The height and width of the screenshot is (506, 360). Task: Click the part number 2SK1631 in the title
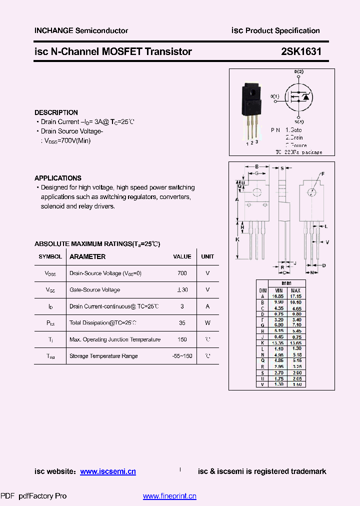pyautogui.click(x=297, y=51)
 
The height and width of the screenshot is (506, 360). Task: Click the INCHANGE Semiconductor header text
pyautogui.click(x=81, y=30)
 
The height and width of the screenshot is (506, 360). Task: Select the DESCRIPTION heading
pyautogui.click(x=56, y=112)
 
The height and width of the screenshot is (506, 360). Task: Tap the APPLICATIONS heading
pyautogui.click(x=57, y=178)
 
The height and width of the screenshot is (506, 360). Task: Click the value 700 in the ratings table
pyautogui.click(x=182, y=273)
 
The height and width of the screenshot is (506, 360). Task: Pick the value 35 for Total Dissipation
pyautogui.click(x=182, y=323)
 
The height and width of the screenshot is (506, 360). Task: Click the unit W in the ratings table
pyautogui.click(x=207, y=323)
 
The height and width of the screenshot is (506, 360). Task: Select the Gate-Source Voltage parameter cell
pyautogui.click(x=94, y=290)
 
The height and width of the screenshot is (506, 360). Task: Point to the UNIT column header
pyautogui.click(x=207, y=256)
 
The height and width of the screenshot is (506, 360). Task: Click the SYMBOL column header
pyautogui.click(x=50, y=256)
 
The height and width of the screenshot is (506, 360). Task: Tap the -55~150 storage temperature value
pyautogui.click(x=182, y=356)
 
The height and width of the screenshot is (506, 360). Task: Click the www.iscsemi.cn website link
pyautogui.click(x=108, y=471)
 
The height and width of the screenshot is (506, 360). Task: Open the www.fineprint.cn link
pyautogui.click(x=169, y=496)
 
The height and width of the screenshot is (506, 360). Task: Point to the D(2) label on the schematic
pyautogui.click(x=298, y=72)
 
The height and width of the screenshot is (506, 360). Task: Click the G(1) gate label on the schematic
pyautogui.click(x=275, y=96)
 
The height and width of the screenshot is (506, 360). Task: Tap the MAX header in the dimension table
pyautogui.click(x=295, y=290)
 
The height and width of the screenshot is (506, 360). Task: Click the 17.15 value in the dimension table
pyautogui.click(x=295, y=296)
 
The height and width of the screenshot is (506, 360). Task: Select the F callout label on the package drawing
pyautogui.click(x=322, y=173)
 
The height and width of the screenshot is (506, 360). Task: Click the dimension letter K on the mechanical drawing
pyautogui.click(x=237, y=239)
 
